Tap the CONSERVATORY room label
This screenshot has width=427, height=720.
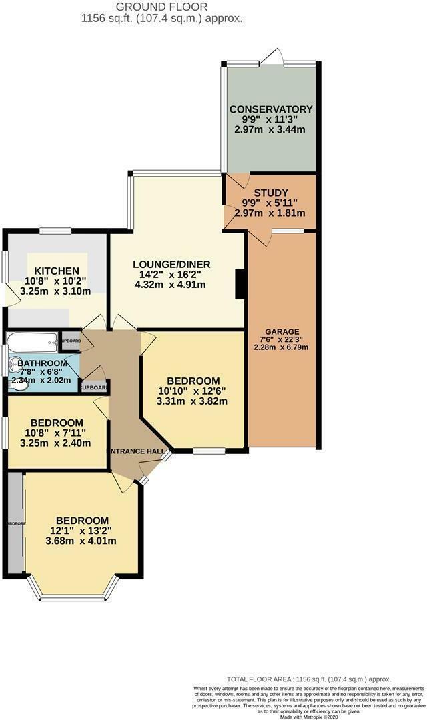[270, 109]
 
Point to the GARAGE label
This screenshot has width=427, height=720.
[282, 332]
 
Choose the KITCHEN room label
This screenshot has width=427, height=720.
[57, 271]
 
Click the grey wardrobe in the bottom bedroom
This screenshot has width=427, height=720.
[15, 523]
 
